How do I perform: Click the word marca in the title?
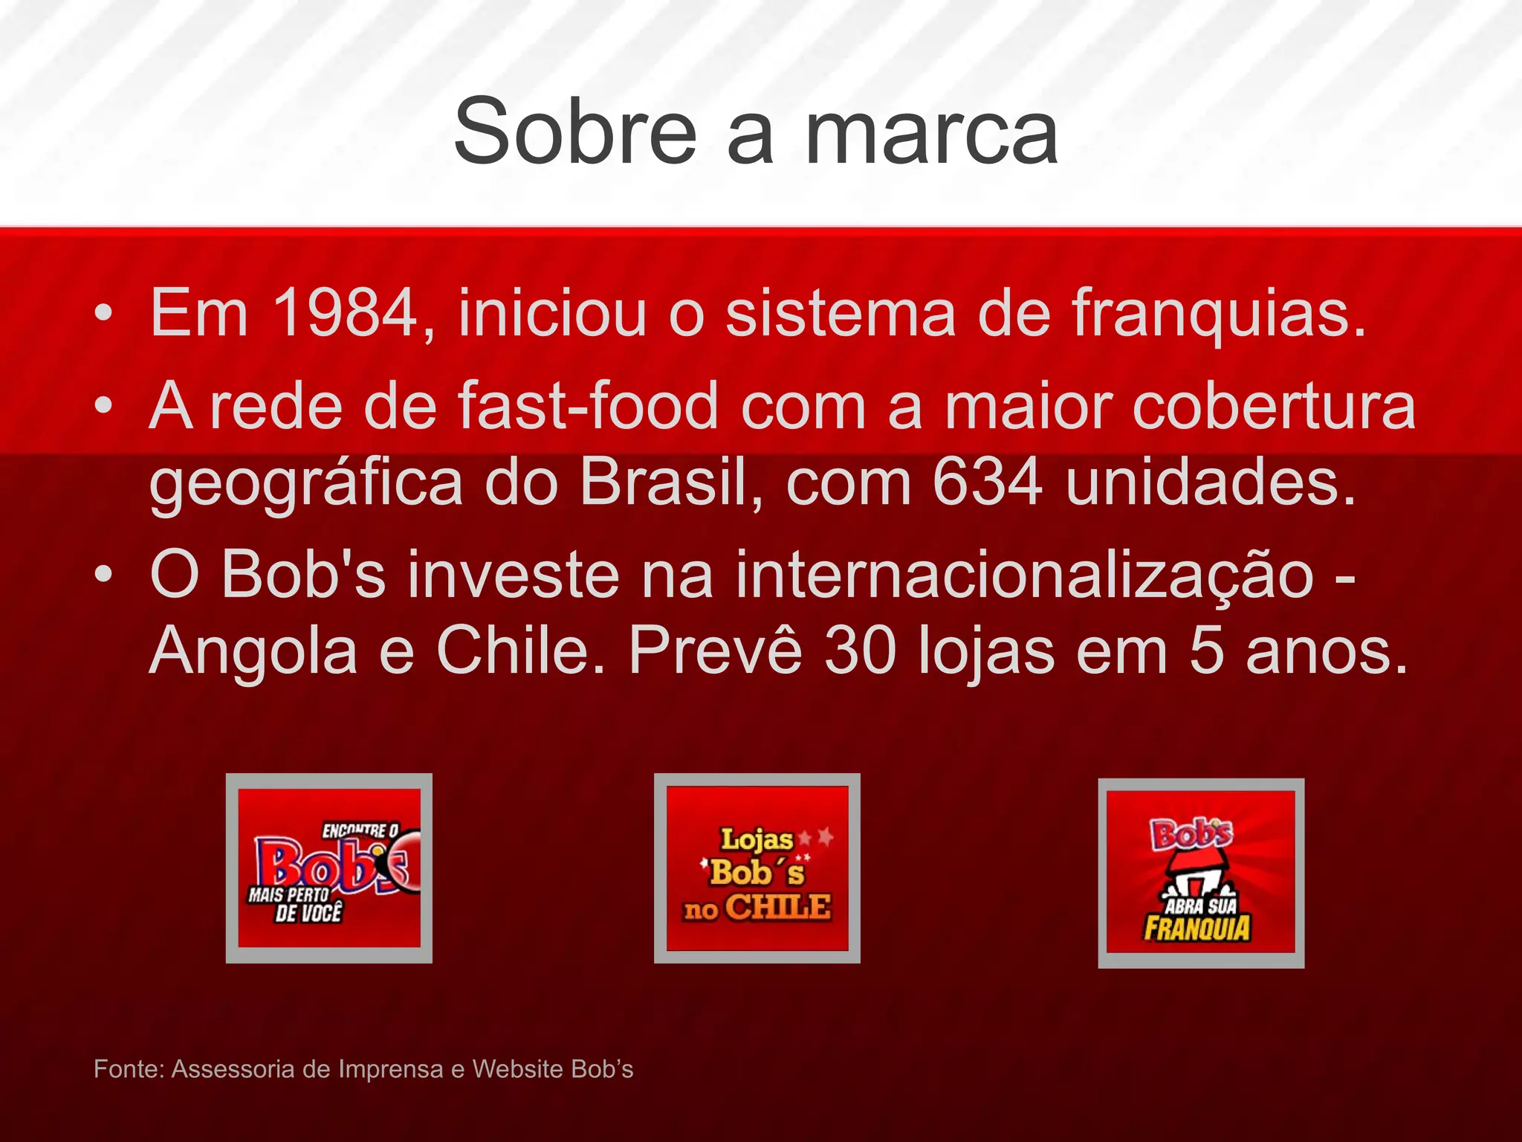[932, 134]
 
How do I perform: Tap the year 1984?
[346, 314]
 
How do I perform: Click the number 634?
[988, 483]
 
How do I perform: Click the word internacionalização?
[1025, 575]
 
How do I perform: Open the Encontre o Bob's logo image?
[329, 868]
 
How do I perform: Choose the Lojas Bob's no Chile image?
[757, 868]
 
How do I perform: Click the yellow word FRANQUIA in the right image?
[1197, 929]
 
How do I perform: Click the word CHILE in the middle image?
[777, 908]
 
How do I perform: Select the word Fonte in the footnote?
[127, 1069]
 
